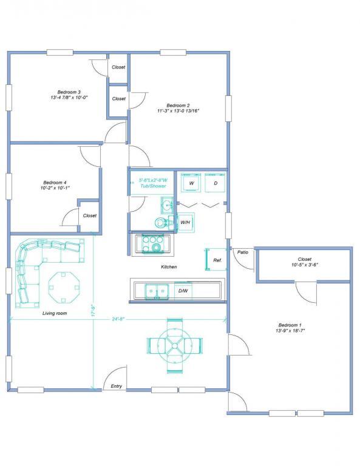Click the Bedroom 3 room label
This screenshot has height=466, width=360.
coord(69,92)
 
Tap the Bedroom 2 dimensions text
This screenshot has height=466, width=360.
coord(178,110)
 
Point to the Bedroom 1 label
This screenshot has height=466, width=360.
coord(290,325)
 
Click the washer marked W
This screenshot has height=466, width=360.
coord(191,183)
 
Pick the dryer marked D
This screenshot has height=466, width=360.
coord(216,183)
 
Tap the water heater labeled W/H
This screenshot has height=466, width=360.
coord(186,222)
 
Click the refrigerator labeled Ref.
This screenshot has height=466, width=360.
coord(216,260)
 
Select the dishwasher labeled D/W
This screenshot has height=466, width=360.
coord(183,291)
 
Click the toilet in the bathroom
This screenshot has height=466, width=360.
coord(162,222)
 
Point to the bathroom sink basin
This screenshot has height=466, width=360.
coord(167,205)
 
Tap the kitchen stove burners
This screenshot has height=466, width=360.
coord(153,243)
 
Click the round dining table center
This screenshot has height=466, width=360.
coord(174,346)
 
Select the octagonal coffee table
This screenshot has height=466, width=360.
coord(64,288)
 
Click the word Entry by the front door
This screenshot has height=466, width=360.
coord(116,386)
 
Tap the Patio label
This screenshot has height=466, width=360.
coord(243,252)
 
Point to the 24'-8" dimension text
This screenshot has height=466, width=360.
coord(118,319)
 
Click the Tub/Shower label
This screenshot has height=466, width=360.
coord(153,186)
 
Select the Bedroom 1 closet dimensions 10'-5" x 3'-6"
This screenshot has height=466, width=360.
coord(305,265)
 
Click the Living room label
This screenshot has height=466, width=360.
coord(55,313)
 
